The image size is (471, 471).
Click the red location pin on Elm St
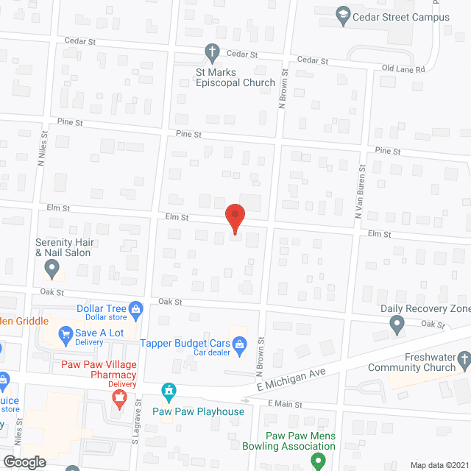point(234,219)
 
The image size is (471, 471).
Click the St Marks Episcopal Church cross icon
point(212,52)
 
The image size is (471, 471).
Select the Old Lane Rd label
point(404,69)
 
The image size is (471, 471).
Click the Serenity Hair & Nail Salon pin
point(52,269)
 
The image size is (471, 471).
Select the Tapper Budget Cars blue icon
point(239,343)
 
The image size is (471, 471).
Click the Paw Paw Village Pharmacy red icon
point(117,400)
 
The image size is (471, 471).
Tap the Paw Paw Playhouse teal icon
point(170,391)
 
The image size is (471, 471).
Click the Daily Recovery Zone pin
point(397,322)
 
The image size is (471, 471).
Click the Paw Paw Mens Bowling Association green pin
point(318,461)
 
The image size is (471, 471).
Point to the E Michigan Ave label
point(291,381)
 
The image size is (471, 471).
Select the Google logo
point(24,461)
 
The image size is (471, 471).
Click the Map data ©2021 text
point(439,464)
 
